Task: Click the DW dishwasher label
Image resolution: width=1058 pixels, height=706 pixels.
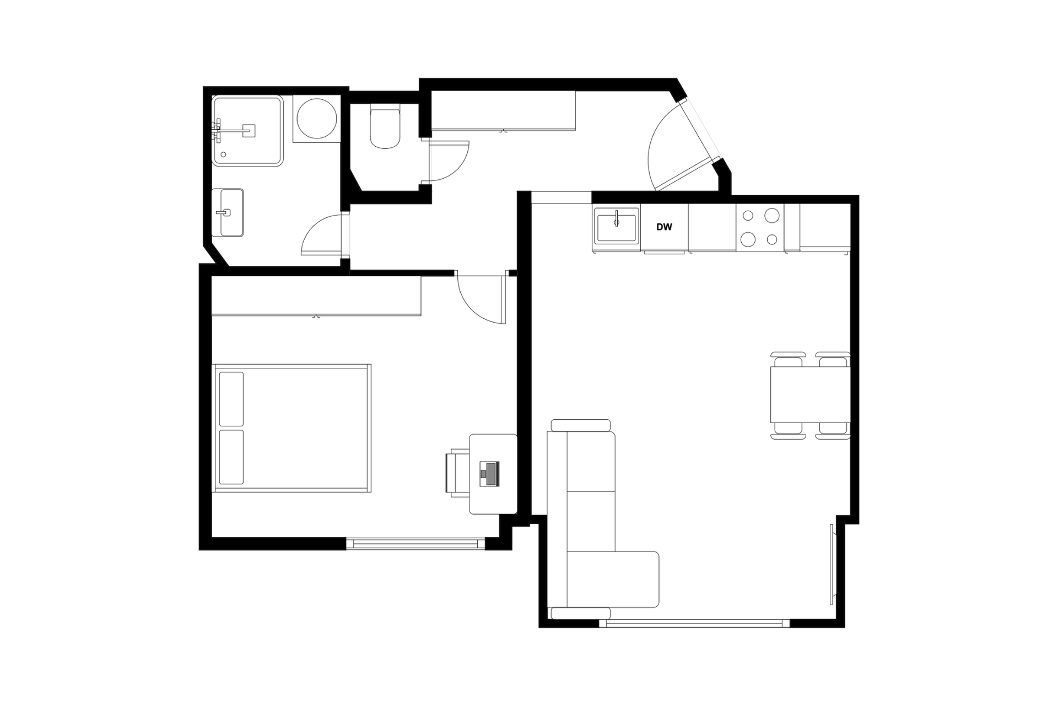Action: [x=664, y=227]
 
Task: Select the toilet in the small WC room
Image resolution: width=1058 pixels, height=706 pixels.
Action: [x=385, y=127]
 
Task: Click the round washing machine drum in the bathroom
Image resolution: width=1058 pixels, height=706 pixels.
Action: [x=317, y=119]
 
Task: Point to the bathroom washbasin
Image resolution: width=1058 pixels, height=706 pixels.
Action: [x=228, y=212]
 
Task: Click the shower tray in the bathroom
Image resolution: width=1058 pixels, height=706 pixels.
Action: [x=248, y=131]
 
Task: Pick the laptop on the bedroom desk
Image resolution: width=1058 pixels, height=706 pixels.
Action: [x=489, y=474]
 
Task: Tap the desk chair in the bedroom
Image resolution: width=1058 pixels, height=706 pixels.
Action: [x=457, y=473]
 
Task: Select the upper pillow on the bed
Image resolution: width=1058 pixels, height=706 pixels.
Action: [x=231, y=399]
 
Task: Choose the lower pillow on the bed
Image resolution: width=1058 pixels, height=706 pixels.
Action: [x=231, y=457]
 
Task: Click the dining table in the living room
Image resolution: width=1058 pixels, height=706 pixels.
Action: [x=810, y=395]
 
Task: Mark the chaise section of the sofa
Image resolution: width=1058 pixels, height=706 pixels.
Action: [x=613, y=579]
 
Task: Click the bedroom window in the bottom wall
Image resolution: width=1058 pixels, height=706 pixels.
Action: [x=415, y=543]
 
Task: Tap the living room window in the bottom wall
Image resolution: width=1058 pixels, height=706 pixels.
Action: [x=694, y=623]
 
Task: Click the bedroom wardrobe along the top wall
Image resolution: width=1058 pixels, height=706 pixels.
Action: [x=316, y=296]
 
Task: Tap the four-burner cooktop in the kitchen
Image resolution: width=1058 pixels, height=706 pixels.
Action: [x=760, y=227]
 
